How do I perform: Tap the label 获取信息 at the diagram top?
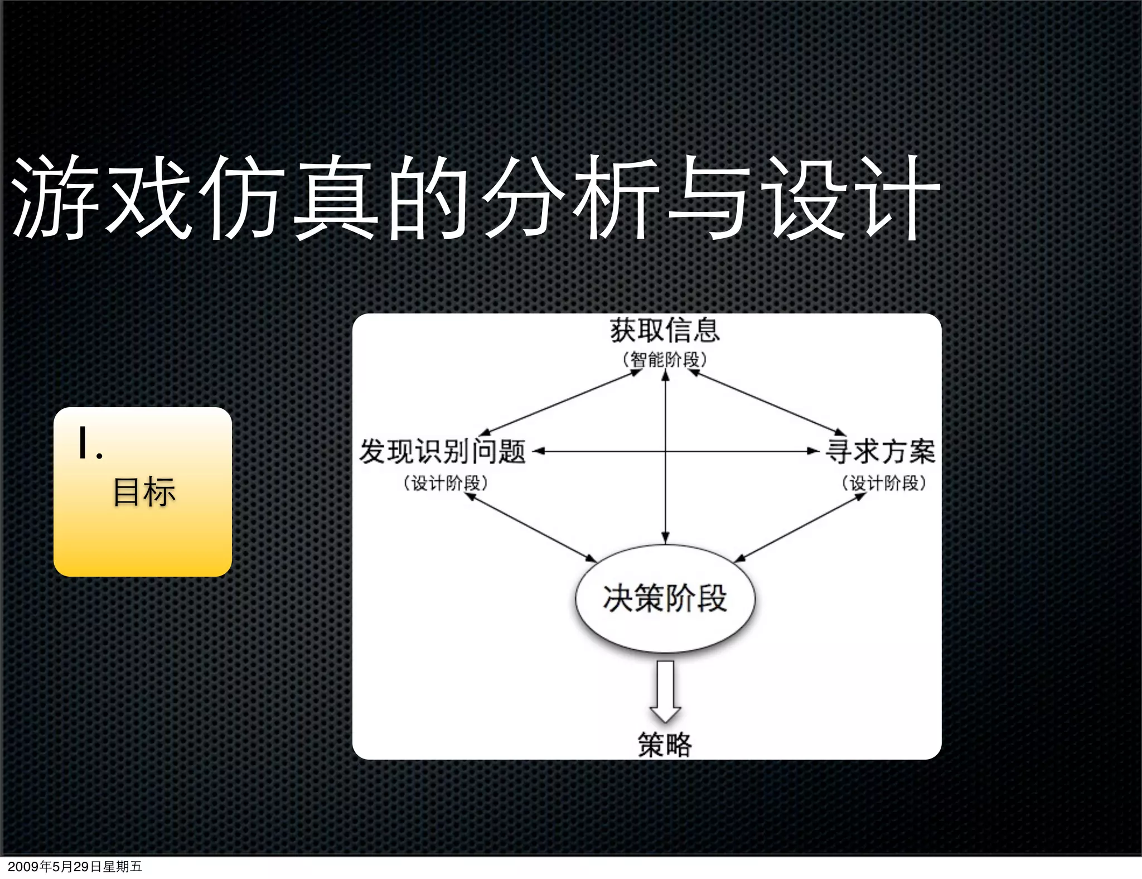click(664, 330)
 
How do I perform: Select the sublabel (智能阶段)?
click(664, 360)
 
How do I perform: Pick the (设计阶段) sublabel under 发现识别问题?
click(446, 483)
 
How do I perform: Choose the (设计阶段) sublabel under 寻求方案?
click(884, 483)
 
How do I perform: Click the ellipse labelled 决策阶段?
click(665, 598)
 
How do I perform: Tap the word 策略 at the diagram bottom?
click(665, 745)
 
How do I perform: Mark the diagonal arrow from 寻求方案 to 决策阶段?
click(800, 528)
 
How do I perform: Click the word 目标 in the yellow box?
click(144, 492)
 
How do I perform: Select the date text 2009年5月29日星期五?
click(75, 866)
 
